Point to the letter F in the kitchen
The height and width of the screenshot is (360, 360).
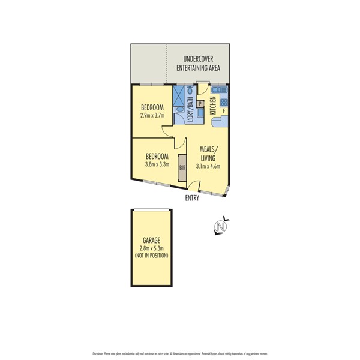(x=224, y=110)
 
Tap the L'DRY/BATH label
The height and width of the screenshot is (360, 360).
(x=190, y=111)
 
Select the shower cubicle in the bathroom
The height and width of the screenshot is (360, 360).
(x=180, y=95)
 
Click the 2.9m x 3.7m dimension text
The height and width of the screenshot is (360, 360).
(x=151, y=116)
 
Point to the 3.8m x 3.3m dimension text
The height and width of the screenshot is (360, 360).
(x=157, y=164)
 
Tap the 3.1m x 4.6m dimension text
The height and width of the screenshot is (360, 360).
(x=209, y=167)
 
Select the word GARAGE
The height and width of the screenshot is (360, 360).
(x=151, y=240)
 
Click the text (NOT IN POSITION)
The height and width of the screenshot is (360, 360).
(x=151, y=256)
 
